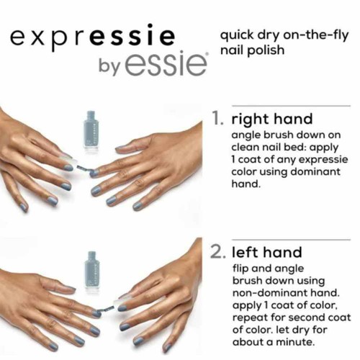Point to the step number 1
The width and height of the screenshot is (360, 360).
tap(217, 118)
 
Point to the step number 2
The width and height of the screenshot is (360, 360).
tap(219, 252)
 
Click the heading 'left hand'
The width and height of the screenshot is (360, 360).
tap(266, 252)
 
